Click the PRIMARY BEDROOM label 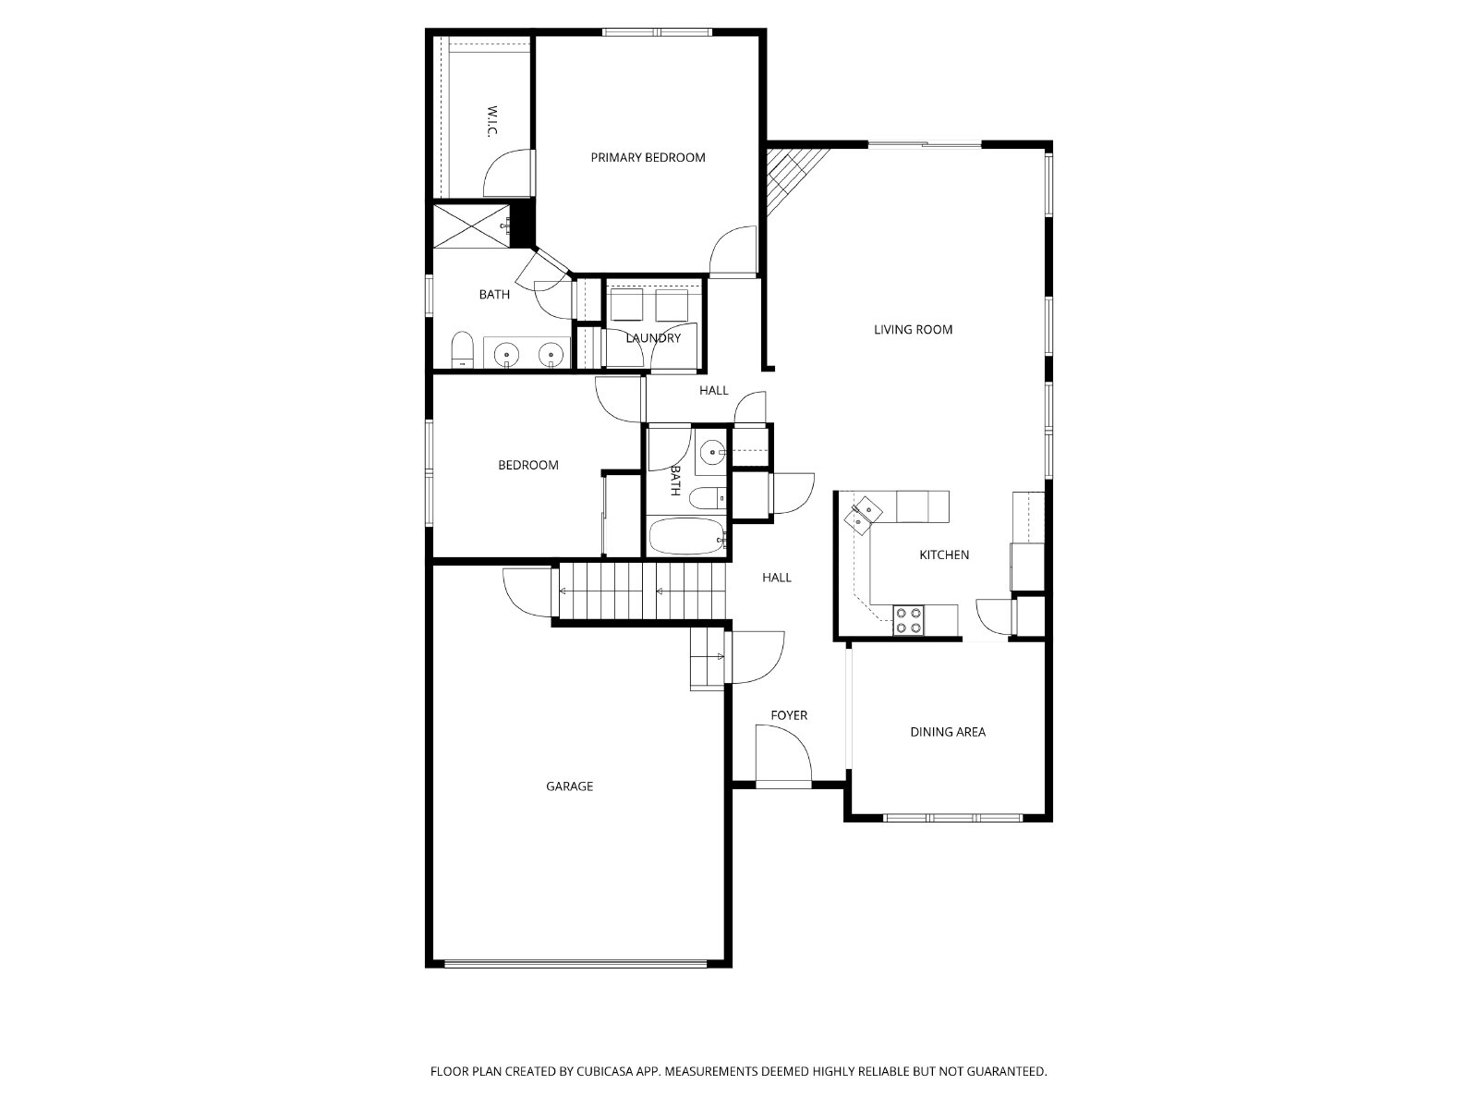[648, 157]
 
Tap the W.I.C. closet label [492, 121]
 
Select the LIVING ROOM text [913, 329]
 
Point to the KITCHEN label [944, 554]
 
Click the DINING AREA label [948, 732]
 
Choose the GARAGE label [569, 786]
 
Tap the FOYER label [789, 715]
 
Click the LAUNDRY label [653, 338]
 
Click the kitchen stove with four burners [908, 620]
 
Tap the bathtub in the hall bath [687, 536]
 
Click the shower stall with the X [471, 225]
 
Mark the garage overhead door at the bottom [575, 964]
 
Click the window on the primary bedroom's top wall [657, 31]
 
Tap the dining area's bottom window [952, 818]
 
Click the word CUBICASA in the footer [605, 1071]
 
